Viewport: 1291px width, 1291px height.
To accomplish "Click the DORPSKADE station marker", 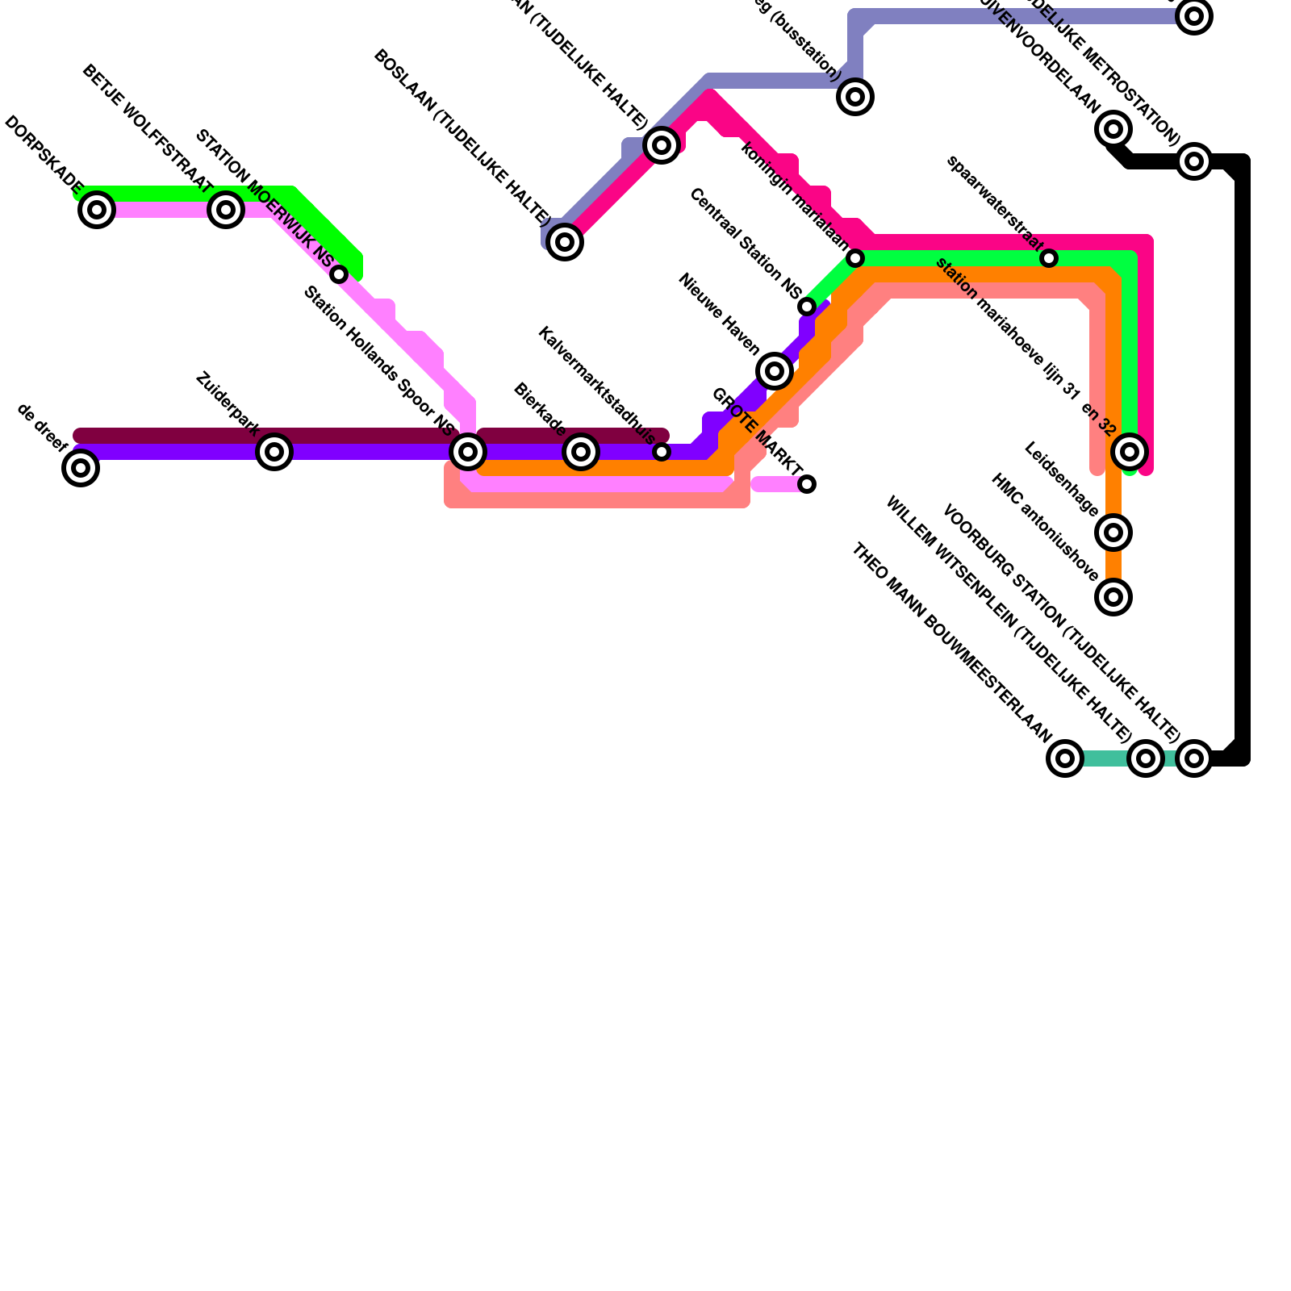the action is [97, 210].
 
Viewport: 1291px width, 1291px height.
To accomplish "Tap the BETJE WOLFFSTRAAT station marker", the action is [226, 210].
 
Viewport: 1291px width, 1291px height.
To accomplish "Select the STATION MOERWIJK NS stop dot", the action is [339, 274].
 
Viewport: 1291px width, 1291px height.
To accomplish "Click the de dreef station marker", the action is [81, 468].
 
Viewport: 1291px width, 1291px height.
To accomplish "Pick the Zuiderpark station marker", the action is [274, 452].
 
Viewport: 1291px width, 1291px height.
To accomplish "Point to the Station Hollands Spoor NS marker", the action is [468, 452].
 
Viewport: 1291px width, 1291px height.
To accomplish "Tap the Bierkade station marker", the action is [581, 452].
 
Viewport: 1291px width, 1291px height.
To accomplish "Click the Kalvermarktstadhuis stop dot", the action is [662, 452].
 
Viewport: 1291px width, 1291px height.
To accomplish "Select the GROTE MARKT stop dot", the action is [807, 484].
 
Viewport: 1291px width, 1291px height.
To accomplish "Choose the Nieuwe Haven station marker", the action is [775, 371].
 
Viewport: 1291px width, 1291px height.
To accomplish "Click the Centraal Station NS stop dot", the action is [807, 307].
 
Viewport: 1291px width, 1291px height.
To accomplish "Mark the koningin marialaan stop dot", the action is [855, 258].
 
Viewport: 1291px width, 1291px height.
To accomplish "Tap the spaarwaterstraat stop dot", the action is [1049, 258].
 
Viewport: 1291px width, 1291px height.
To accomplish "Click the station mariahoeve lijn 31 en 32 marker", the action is [1130, 452].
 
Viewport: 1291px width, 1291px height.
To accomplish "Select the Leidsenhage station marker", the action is [1113, 533].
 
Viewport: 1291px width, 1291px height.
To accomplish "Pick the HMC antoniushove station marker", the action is [1113, 597].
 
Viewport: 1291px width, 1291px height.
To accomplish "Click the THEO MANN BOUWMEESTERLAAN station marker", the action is [1065, 758].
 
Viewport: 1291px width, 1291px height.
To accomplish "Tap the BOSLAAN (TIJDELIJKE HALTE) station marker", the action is [565, 242].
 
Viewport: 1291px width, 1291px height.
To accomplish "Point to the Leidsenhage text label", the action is [1060, 479].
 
